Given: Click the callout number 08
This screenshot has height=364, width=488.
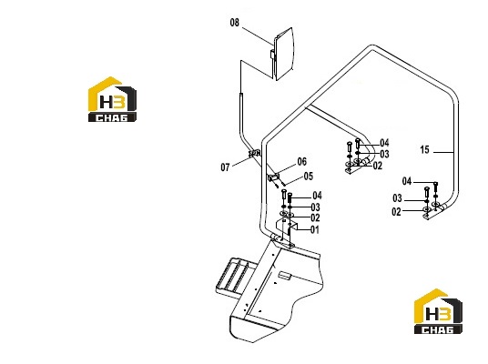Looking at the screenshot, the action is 235,23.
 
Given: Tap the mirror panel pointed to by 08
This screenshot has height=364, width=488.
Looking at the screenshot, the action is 283,54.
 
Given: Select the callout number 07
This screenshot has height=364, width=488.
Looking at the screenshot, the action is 225,167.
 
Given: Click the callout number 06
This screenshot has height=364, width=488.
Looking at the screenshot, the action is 302,161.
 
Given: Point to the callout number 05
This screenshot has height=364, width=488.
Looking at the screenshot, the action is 308,177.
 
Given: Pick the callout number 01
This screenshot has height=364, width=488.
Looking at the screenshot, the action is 315,230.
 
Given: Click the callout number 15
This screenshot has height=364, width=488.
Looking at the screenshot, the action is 424,149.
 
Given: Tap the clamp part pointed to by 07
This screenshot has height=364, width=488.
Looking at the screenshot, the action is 255,153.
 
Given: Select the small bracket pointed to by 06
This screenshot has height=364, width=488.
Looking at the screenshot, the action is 273,178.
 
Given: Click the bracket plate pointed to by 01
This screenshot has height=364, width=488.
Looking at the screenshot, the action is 287,225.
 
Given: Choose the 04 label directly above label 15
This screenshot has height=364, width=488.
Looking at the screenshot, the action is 384,143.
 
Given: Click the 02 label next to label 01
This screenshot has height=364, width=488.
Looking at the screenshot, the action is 315,217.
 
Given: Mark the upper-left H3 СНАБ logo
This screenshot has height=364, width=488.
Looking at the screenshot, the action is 112,99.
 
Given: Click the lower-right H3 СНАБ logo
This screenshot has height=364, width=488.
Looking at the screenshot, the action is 438,311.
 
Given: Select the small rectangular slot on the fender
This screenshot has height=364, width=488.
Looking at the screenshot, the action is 284,275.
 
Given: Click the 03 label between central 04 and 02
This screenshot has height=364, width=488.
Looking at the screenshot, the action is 315,207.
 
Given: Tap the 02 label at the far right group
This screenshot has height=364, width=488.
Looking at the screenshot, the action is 397,212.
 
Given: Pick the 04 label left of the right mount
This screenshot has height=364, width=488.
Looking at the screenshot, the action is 407,181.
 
